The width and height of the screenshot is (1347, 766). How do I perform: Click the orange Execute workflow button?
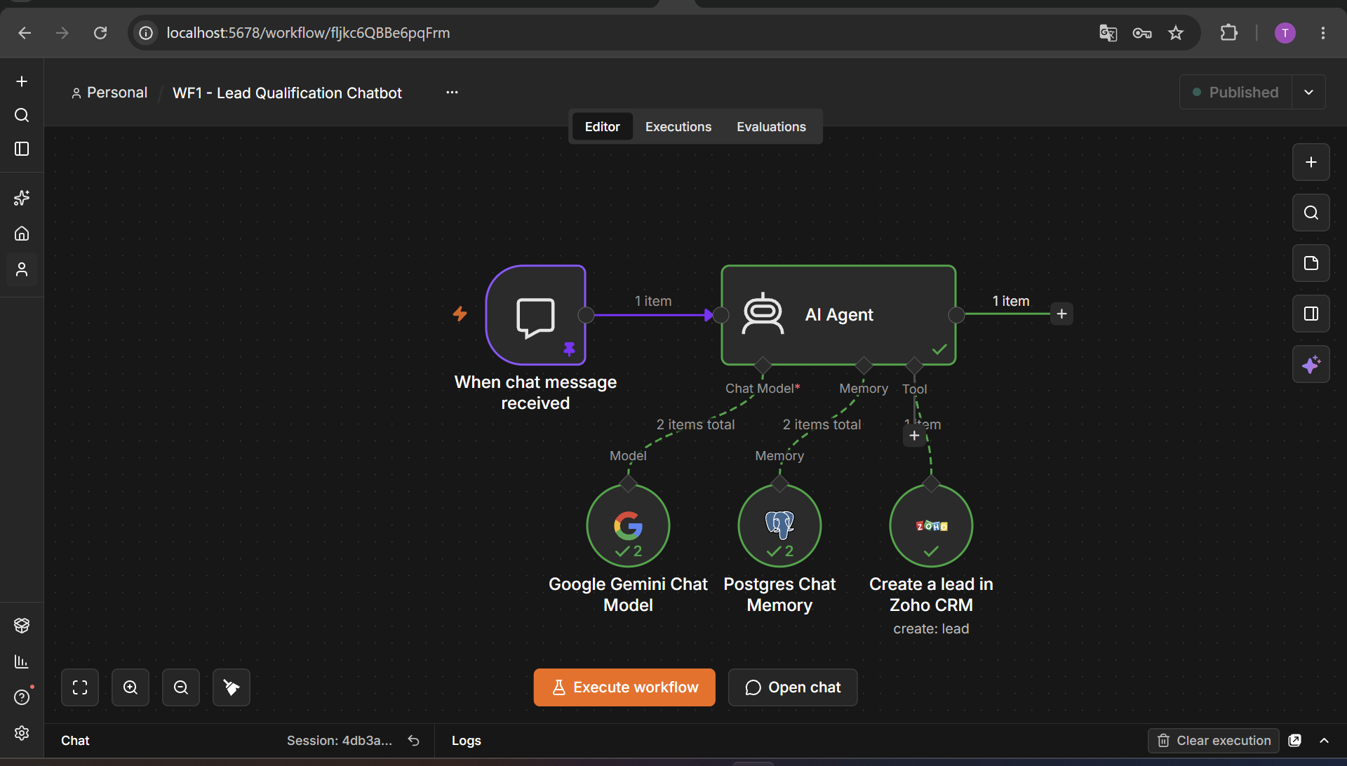[x=624, y=687]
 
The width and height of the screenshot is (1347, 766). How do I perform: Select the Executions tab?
[x=678, y=127]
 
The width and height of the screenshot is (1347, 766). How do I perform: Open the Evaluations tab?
[x=771, y=127]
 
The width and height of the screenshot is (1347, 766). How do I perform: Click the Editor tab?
[x=602, y=127]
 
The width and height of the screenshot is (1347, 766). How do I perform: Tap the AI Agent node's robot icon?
[x=763, y=314]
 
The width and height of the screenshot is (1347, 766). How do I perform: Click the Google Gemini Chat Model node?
[x=628, y=525]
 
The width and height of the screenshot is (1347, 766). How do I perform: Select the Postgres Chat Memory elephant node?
[x=779, y=525]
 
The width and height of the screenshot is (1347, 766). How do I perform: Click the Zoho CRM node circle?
[x=931, y=525]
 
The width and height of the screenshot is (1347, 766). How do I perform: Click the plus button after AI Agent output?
[x=1061, y=314]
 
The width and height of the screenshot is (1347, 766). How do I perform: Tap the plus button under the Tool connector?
[x=914, y=436]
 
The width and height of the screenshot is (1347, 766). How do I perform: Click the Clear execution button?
[x=1214, y=741]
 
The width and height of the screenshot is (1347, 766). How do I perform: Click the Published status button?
[x=1236, y=92]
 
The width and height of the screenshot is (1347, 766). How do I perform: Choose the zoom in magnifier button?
[x=130, y=687]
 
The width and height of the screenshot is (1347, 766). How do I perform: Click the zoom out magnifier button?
[x=181, y=687]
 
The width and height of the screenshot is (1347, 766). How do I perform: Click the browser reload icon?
[x=100, y=33]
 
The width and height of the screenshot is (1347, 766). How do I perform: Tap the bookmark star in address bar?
[x=1176, y=33]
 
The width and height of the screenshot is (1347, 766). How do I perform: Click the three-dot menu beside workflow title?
[x=452, y=93]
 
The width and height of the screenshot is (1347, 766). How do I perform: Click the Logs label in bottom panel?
[x=467, y=741]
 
